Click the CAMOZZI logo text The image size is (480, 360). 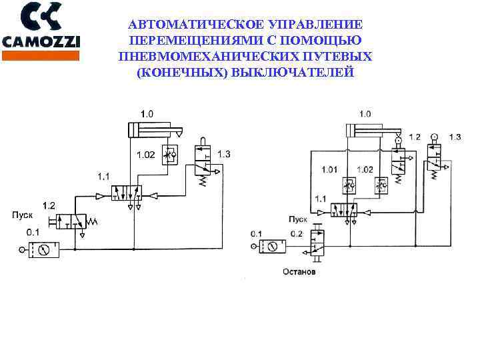(x=41, y=41)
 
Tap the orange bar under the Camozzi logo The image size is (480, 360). (x=41, y=55)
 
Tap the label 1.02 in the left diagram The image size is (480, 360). (x=146, y=155)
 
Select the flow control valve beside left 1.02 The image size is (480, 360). (x=171, y=155)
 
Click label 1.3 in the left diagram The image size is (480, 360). (x=224, y=155)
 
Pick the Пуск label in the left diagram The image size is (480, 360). (x=22, y=215)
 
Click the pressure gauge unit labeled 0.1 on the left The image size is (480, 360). (x=44, y=251)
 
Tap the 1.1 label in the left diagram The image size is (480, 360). (x=103, y=177)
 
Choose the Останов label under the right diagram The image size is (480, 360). (x=299, y=272)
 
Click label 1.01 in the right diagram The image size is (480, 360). (x=329, y=169)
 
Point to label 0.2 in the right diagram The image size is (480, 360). (x=297, y=233)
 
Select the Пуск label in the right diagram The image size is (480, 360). (x=297, y=219)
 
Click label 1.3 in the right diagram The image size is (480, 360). (x=454, y=137)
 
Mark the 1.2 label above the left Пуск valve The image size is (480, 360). (x=49, y=204)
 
